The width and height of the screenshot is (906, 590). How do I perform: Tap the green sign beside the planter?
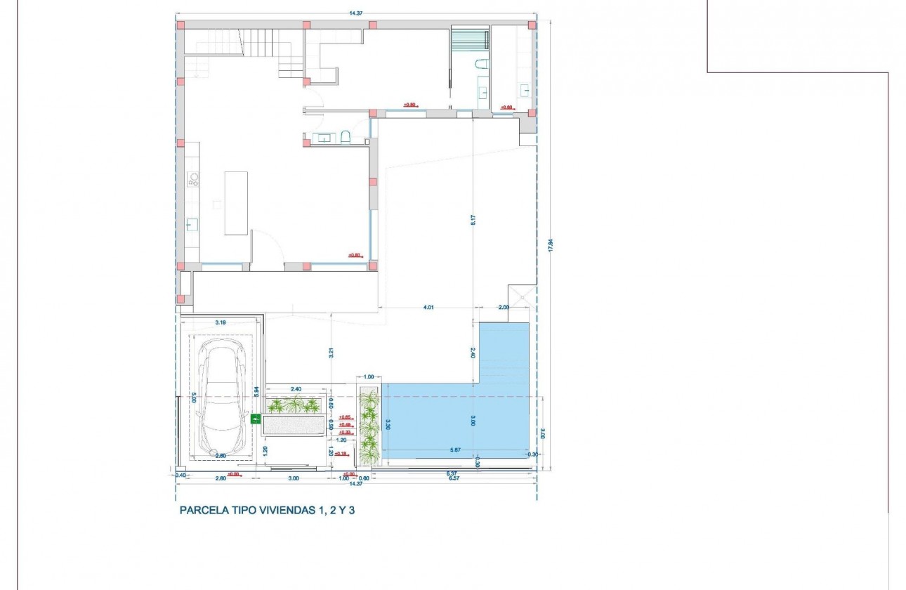pyautogui.click(x=256, y=419)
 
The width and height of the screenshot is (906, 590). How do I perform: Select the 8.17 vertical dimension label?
pyautogui.click(x=474, y=218)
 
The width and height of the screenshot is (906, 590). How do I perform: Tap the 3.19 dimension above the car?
pyautogui.click(x=221, y=323)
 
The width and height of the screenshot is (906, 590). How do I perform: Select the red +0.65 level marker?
pyautogui.click(x=344, y=417)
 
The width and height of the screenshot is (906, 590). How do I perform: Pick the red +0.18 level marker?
pyautogui.click(x=342, y=454)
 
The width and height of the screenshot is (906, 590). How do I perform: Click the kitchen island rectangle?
pyautogui.click(x=236, y=203)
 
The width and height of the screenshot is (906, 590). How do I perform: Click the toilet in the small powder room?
pyautogui.click(x=346, y=137)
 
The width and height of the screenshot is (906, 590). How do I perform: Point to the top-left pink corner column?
pyautogui.click(x=180, y=25)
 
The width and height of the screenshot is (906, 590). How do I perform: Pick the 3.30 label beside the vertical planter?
pyautogui.click(x=388, y=424)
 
